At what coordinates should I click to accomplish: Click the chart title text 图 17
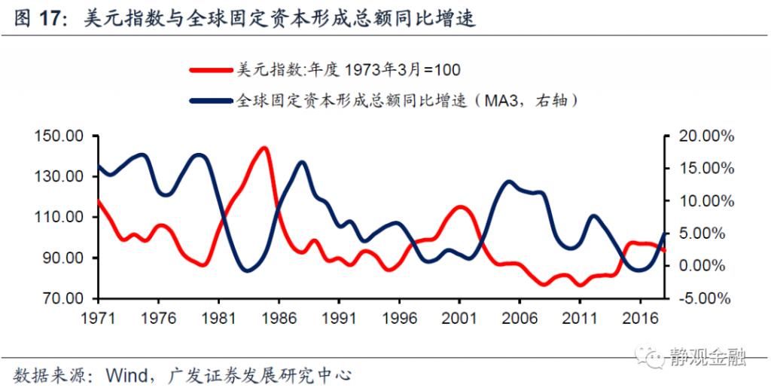(x=37, y=19)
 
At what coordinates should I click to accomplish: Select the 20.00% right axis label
(x=704, y=136)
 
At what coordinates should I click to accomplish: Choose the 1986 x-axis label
(x=279, y=316)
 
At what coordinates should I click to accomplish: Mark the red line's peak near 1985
(x=263, y=148)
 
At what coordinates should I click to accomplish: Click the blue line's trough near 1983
(x=246, y=270)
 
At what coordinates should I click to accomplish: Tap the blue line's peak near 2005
(x=510, y=182)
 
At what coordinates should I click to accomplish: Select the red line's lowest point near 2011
(x=579, y=285)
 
